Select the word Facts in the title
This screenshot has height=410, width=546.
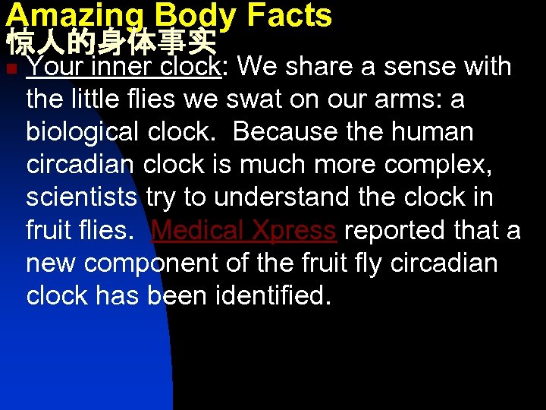pyautogui.click(x=290, y=15)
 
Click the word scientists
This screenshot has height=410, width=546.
pyautogui.click(x=82, y=197)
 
